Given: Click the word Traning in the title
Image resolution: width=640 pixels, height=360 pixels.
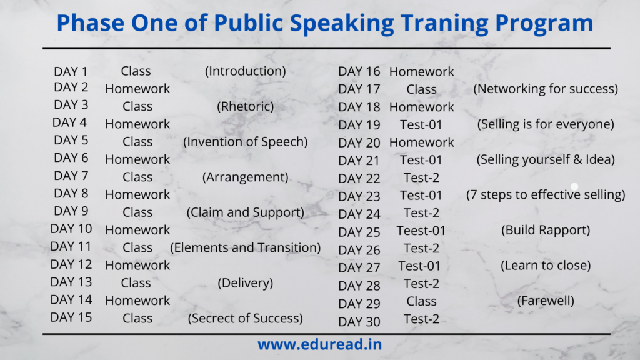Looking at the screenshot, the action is pyautogui.click(x=444, y=24).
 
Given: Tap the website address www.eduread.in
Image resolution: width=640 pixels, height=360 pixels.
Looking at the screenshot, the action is pyautogui.click(x=319, y=344).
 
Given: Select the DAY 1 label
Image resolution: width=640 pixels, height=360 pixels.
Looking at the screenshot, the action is pyautogui.click(x=71, y=71).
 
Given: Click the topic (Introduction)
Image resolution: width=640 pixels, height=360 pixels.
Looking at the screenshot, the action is pyautogui.click(x=245, y=71).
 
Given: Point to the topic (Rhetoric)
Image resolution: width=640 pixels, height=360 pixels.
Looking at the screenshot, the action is pyautogui.click(x=245, y=106).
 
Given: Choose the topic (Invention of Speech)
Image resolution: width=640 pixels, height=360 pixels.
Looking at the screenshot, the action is pyautogui.click(x=245, y=142).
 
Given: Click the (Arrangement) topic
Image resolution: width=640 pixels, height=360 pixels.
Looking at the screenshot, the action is pyautogui.click(x=245, y=177).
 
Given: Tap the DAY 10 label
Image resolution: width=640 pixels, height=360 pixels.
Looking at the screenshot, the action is pyautogui.click(x=71, y=229).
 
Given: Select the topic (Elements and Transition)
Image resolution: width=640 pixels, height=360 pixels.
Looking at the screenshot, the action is pyautogui.click(x=245, y=247).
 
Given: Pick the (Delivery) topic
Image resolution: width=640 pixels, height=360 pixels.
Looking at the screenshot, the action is pyautogui.click(x=245, y=283).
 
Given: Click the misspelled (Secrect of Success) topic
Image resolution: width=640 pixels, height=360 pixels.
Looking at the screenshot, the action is pyautogui.click(x=245, y=318).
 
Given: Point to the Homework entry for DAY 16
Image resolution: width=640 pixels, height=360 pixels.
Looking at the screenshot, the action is pyautogui.click(x=422, y=72).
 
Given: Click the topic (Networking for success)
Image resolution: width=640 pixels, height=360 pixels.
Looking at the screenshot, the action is pyautogui.click(x=546, y=89).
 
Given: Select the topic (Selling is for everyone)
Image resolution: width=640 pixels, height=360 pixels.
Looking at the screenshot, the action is pyautogui.click(x=546, y=124).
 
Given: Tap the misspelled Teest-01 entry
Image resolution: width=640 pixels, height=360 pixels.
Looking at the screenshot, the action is pyautogui.click(x=421, y=231).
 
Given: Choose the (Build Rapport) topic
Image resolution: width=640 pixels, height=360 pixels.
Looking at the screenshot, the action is pyautogui.click(x=546, y=230).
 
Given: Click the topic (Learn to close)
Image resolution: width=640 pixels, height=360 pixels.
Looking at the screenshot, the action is pyautogui.click(x=546, y=266).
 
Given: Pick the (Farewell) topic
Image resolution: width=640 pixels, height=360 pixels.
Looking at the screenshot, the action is pyautogui.click(x=546, y=301).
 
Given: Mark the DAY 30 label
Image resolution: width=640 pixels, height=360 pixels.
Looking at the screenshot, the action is pyautogui.click(x=359, y=322).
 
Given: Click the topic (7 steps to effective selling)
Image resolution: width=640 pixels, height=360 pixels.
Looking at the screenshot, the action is pyautogui.click(x=546, y=195).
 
